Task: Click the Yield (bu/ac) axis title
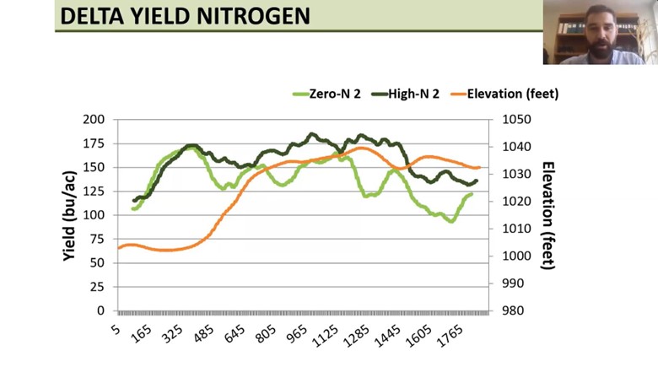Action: tap(71, 215)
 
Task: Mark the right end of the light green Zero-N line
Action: tap(472, 194)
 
